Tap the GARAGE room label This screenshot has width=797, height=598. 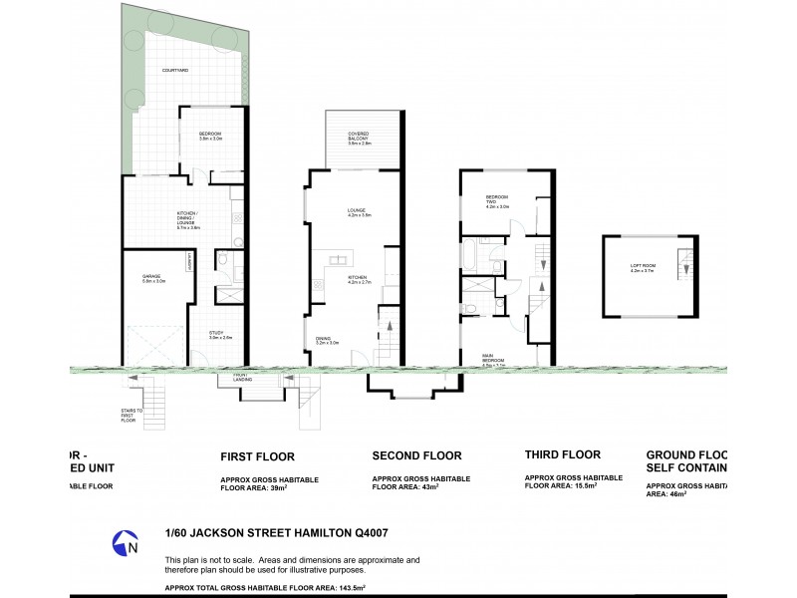152,279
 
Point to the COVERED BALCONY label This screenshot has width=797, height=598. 359,138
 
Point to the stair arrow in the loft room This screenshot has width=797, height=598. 685,265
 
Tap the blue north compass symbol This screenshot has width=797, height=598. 125,544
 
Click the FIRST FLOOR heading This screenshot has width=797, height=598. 257,456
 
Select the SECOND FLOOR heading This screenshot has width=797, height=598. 415,456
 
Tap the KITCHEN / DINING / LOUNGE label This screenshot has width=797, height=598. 188,221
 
